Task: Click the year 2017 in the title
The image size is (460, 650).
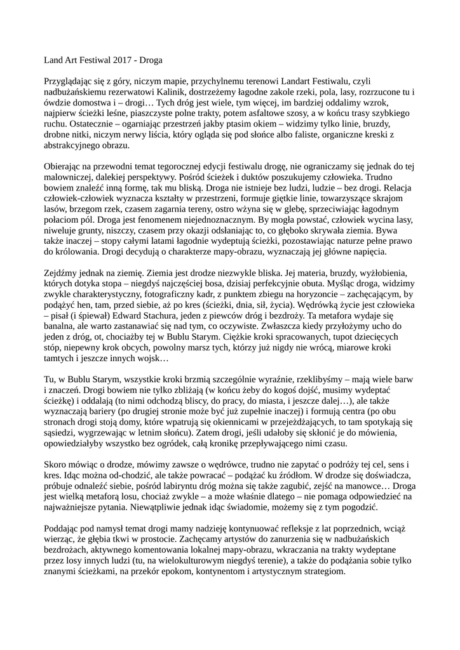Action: tap(125, 60)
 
